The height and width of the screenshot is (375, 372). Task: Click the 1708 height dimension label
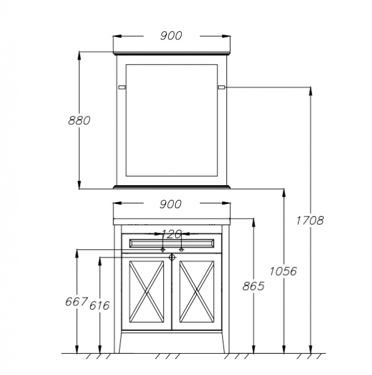pyautogui.click(x=310, y=220)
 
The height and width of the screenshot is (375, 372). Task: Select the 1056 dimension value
pyautogui.click(x=283, y=271)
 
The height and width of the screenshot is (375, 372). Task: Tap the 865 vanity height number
pyautogui.click(x=253, y=286)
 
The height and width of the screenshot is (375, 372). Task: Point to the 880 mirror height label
pyautogui.click(x=79, y=120)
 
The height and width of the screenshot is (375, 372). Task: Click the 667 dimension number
pyautogui.click(x=76, y=302)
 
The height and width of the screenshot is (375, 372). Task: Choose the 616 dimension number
pyautogui.click(x=99, y=306)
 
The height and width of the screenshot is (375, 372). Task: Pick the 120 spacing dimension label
pyautogui.click(x=172, y=234)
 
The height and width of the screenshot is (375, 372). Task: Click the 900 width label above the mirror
pyautogui.click(x=171, y=36)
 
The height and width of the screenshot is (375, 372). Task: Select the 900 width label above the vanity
pyautogui.click(x=170, y=205)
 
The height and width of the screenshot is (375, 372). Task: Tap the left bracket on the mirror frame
pyautogui.click(x=122, y=88)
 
